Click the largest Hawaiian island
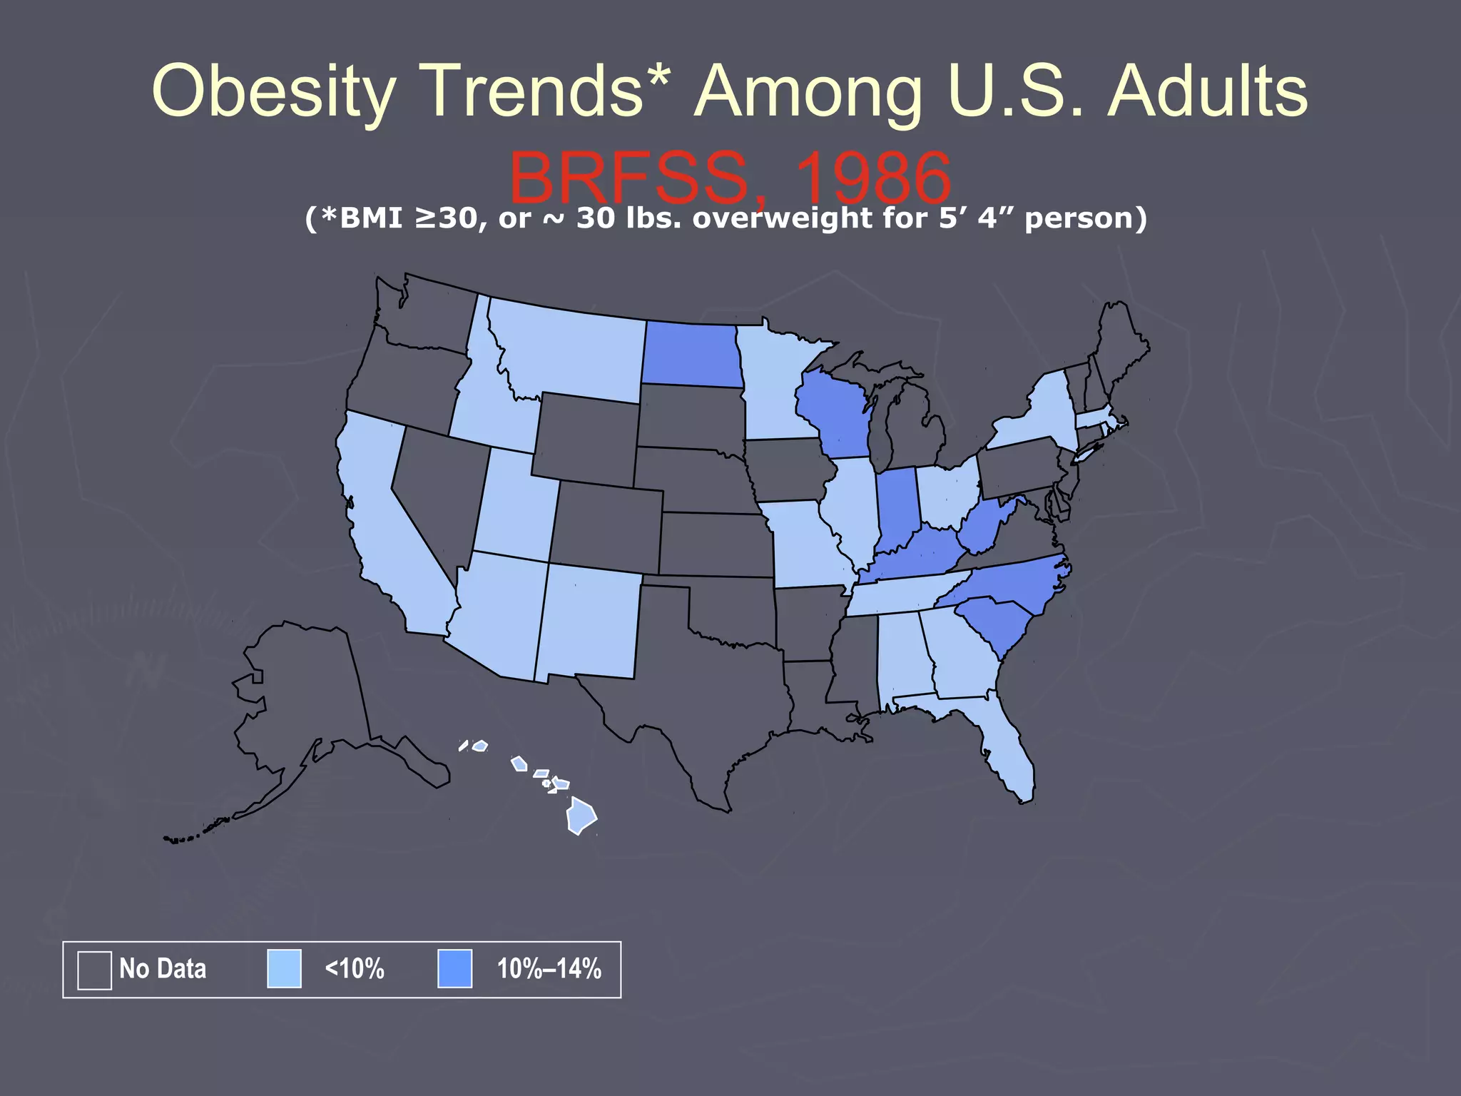581,817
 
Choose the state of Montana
571,350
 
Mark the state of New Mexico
589,621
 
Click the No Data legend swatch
94,970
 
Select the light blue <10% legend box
284,969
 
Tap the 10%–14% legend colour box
454,969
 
